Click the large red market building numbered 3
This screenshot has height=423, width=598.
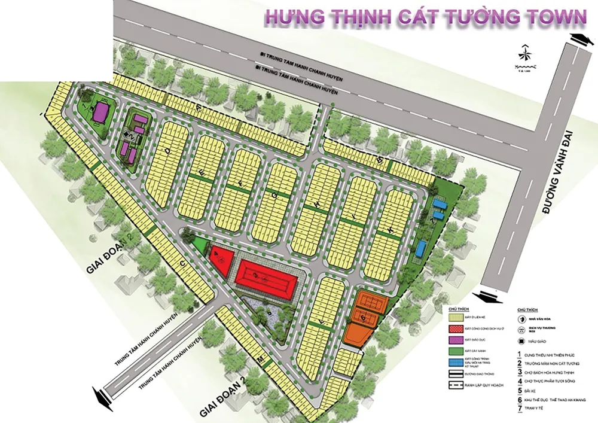click(263, 275)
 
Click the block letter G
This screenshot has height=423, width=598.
click(275, 195)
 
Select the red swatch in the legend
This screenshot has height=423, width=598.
click(457, 328)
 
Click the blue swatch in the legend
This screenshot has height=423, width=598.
click(457, 362)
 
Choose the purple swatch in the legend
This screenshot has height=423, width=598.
click(457, 339)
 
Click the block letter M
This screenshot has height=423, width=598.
click(260, 358)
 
